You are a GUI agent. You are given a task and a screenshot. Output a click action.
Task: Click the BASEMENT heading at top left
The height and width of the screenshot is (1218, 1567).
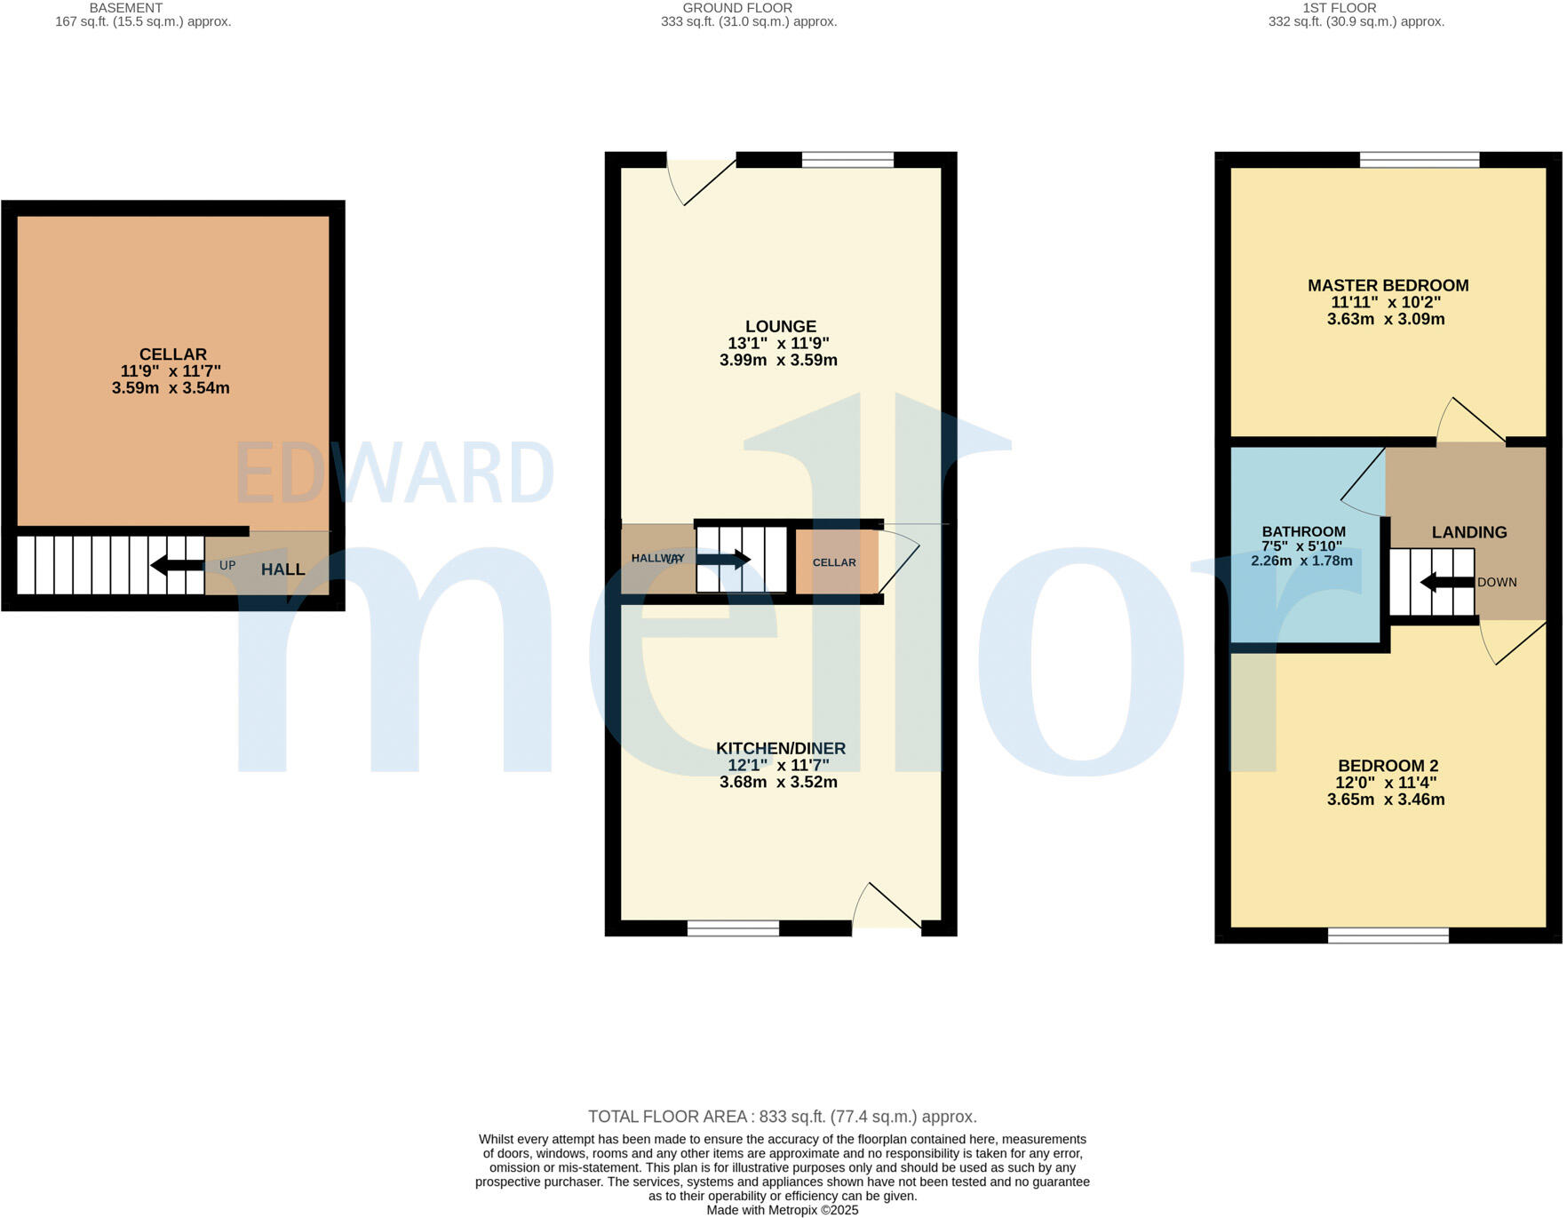[x=125, y=8]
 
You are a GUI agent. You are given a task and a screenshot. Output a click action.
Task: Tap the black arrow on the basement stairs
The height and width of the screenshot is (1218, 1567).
[x=177, y=565]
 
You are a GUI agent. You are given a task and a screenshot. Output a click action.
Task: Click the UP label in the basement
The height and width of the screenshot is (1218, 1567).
[x=227, y=565]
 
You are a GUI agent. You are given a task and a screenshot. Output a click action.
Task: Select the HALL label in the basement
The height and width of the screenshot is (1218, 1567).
[x=282, y=569]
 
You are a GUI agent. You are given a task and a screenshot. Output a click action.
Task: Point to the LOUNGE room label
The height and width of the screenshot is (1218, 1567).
[x=780, y=326]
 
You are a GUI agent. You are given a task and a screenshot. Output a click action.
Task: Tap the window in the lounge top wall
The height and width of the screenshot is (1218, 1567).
[x=847, y=160]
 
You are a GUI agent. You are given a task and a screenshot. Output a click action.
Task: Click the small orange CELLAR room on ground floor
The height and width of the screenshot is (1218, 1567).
[x=835, y=561]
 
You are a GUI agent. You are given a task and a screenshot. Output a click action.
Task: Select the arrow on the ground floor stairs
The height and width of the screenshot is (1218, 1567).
[x=723, y=560]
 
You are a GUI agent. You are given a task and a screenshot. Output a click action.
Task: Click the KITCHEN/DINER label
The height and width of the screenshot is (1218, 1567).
[x=780, y=748]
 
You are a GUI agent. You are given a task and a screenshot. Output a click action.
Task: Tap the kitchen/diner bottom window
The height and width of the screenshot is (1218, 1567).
[x=733, y=928]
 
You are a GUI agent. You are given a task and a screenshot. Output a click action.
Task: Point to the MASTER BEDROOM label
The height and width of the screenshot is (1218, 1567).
[x=1388, y=285]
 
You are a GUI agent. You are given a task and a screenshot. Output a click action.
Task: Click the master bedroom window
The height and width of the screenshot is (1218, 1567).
[x=1420, y=160]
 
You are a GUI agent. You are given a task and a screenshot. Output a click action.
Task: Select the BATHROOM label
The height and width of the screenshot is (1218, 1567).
[x=1303, y=531]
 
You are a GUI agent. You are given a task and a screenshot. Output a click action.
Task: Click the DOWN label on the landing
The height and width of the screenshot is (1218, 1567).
[x=1497, y=583]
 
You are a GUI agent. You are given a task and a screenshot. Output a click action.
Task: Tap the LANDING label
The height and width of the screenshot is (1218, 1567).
[x=1468, y=532]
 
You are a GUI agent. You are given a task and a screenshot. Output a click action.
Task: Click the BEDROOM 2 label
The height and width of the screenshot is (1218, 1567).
[x=1388, y=766]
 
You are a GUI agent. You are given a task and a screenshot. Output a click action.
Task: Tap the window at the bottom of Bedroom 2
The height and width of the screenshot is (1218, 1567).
[x=1388, y=935]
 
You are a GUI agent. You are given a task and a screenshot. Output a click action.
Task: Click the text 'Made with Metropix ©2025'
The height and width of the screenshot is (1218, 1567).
[x=782, y=1210]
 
